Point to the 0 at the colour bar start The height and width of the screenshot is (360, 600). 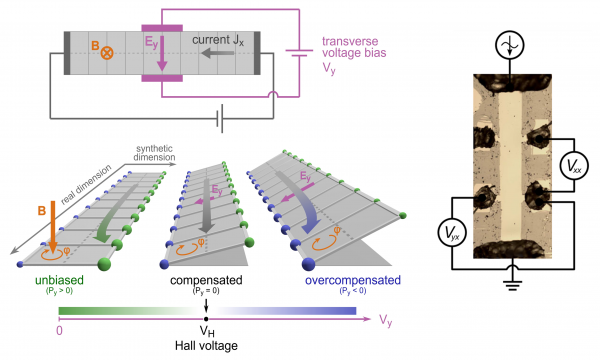coord(61,330)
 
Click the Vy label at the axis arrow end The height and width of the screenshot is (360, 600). coord(385,319)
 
